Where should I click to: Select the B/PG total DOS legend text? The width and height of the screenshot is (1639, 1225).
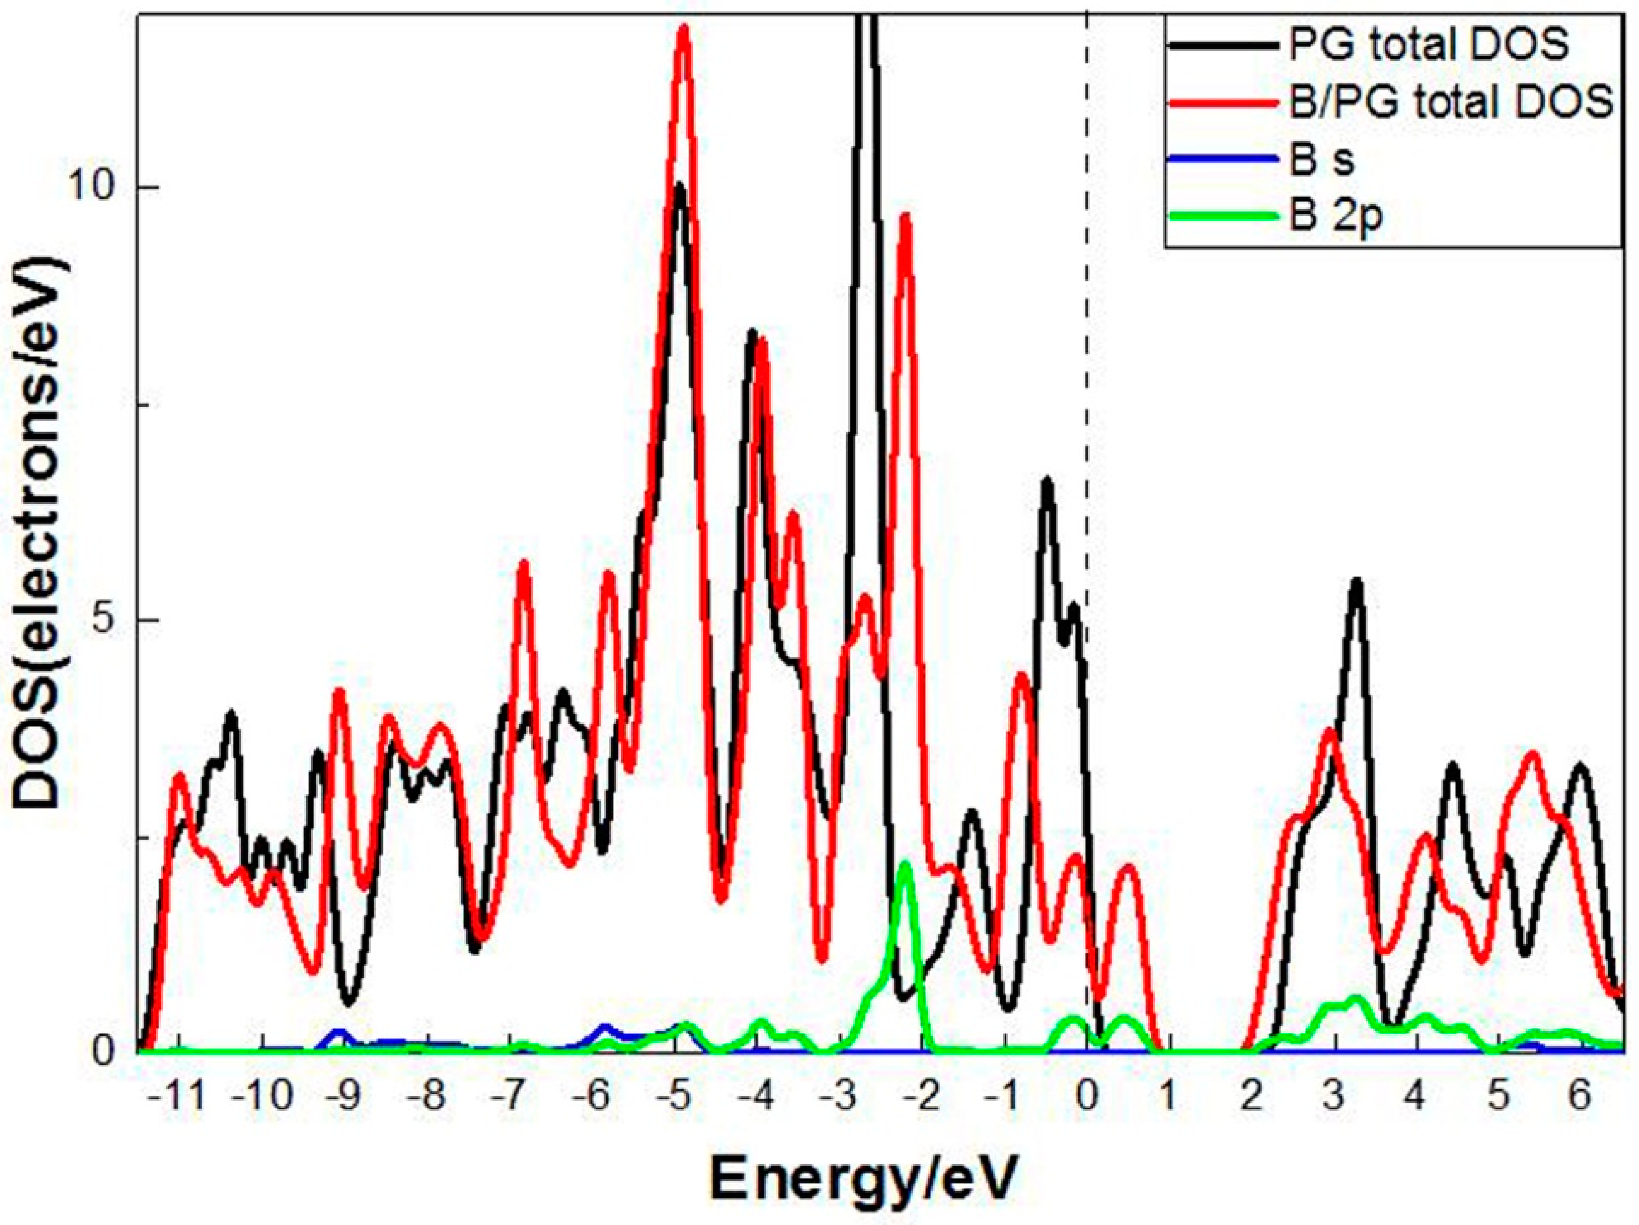1451,103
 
